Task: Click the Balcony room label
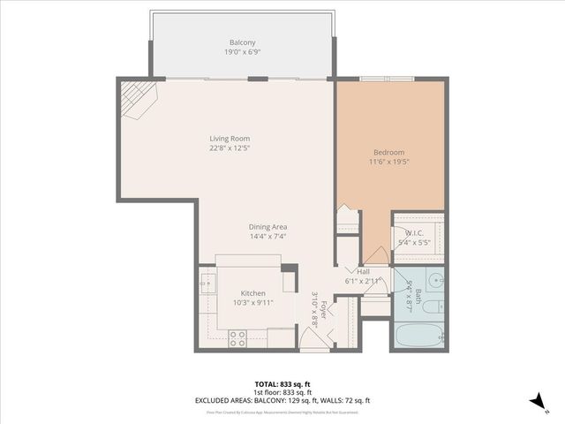click(243, 42)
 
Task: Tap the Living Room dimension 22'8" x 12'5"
click(230, 148)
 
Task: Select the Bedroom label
click(388, 152)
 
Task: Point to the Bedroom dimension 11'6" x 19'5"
click(388, 162)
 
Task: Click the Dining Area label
click(267, 226)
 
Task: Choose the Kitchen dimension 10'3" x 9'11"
click(253, 303)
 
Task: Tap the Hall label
click(363, 271)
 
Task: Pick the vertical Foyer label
click(324, 310)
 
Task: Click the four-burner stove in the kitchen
click(237, 337)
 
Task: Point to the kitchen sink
click(207, 284)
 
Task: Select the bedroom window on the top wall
click(387, 79)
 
